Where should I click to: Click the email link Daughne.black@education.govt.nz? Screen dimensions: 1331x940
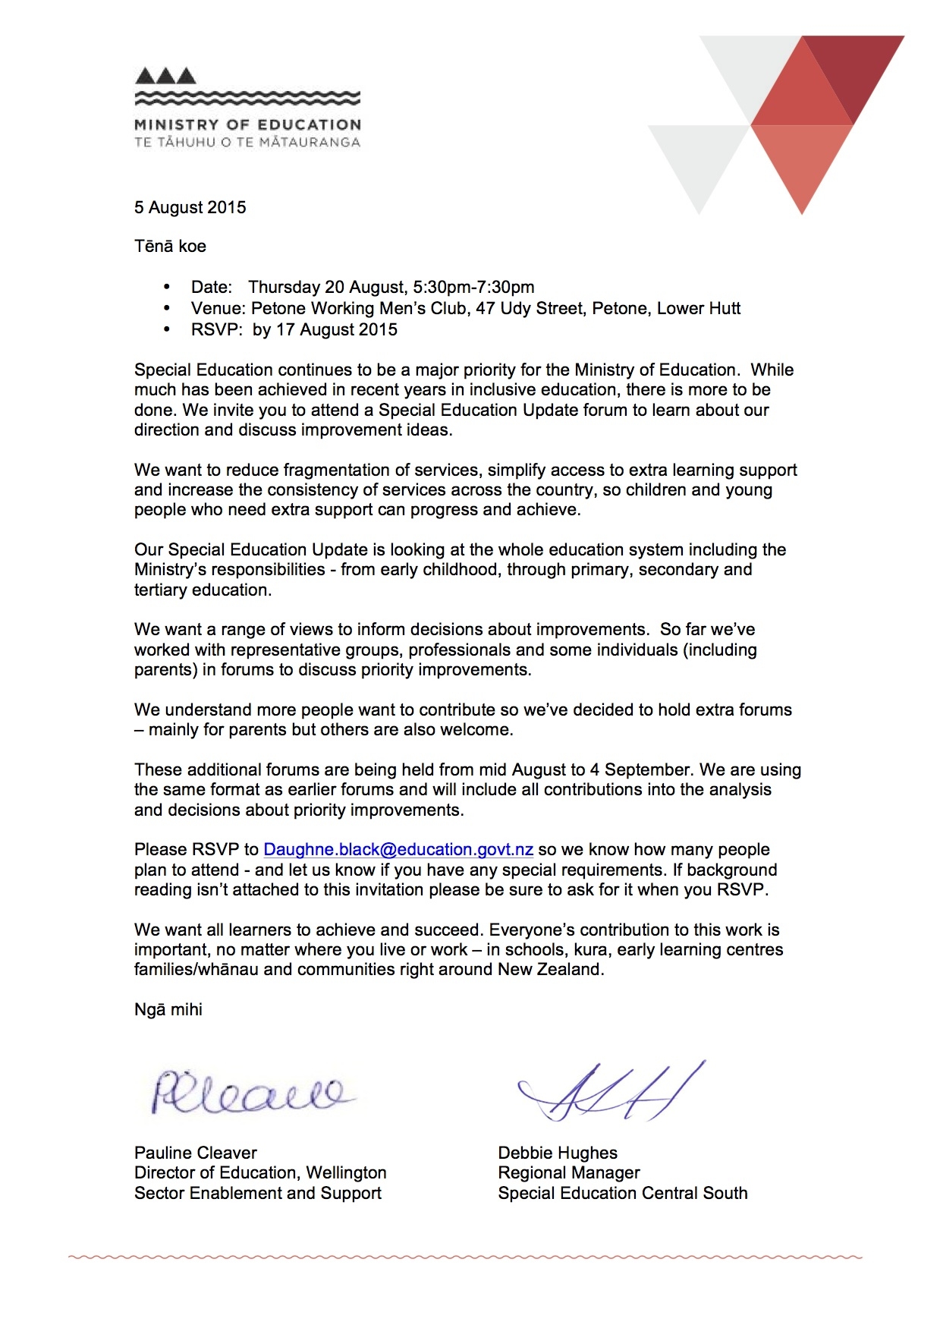[398, 850]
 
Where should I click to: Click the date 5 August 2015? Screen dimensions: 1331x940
[190, 208]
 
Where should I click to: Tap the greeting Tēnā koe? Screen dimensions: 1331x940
[170, 247]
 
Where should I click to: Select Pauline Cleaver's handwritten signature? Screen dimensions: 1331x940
[250, 1093]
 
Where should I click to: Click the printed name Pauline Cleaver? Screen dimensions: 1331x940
[196, 1153]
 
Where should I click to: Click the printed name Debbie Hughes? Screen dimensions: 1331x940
[558, 1153]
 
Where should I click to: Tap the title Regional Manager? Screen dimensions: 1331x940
[569, 1173]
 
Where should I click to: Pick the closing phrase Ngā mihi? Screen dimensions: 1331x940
[168, 1010]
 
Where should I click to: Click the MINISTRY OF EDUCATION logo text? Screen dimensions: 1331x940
[247, 125]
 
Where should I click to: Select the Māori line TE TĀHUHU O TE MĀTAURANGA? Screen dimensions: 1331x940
[247, 143]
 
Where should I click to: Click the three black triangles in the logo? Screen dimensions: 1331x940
[165, 76]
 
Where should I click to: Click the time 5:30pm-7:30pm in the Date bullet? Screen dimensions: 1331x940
[473, 288]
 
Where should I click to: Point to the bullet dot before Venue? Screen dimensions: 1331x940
[167, 309]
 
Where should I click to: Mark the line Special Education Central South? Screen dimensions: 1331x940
[623, 1194]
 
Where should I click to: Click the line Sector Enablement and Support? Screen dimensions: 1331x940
[258, 1194]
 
